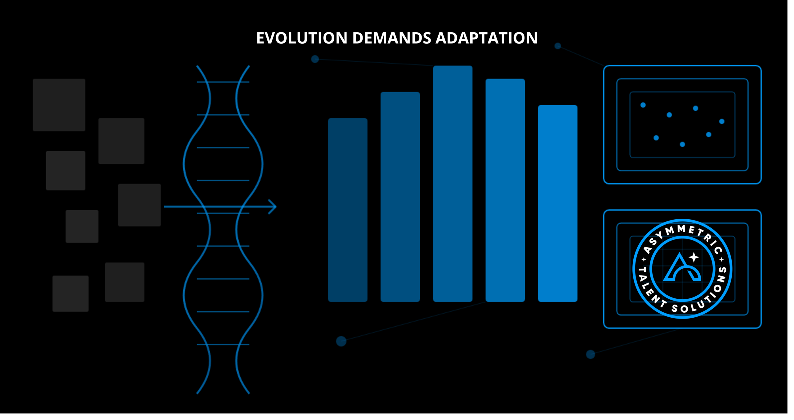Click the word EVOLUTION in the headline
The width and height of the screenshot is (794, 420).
pyautogui.click(x=301, y=38)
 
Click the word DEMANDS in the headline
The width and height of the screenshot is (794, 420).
pyautogui.click(x=392, y=38)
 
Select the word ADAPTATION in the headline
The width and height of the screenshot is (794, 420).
pyautogui.click(x=486, y=38)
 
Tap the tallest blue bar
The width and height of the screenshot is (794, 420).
pyautogui.click(x=453, y=183)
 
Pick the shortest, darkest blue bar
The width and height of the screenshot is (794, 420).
pyautogui.click(x=348, y=210)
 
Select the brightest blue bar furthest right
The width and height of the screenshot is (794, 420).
pyautogui.click(x=557, y=203)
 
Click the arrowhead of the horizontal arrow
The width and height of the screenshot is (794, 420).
pyautogui.click(x=272, y=207)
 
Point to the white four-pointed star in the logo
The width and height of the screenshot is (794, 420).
pyautogui.click(x=694, y=257)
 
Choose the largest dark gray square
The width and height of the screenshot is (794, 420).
pyautogui.click(x=59, y=105)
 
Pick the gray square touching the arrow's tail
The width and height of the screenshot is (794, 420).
pyautogui.click(x=139, y=205)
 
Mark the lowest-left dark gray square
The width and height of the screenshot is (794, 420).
pyautogui.click(x=70, y=293)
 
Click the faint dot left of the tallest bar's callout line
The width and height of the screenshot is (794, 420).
pyautogui.click(x=315, y=59)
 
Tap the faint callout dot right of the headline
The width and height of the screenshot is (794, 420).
pyautogui.click(x=558, y=46)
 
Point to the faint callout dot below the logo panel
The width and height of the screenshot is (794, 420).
pyautogui.click(x=591, y=354)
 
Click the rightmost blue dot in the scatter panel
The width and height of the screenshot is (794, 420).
pyautogui.click(x=722, y=121)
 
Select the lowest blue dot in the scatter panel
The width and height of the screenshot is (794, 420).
pyautogui.click(x=682, y=144)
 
